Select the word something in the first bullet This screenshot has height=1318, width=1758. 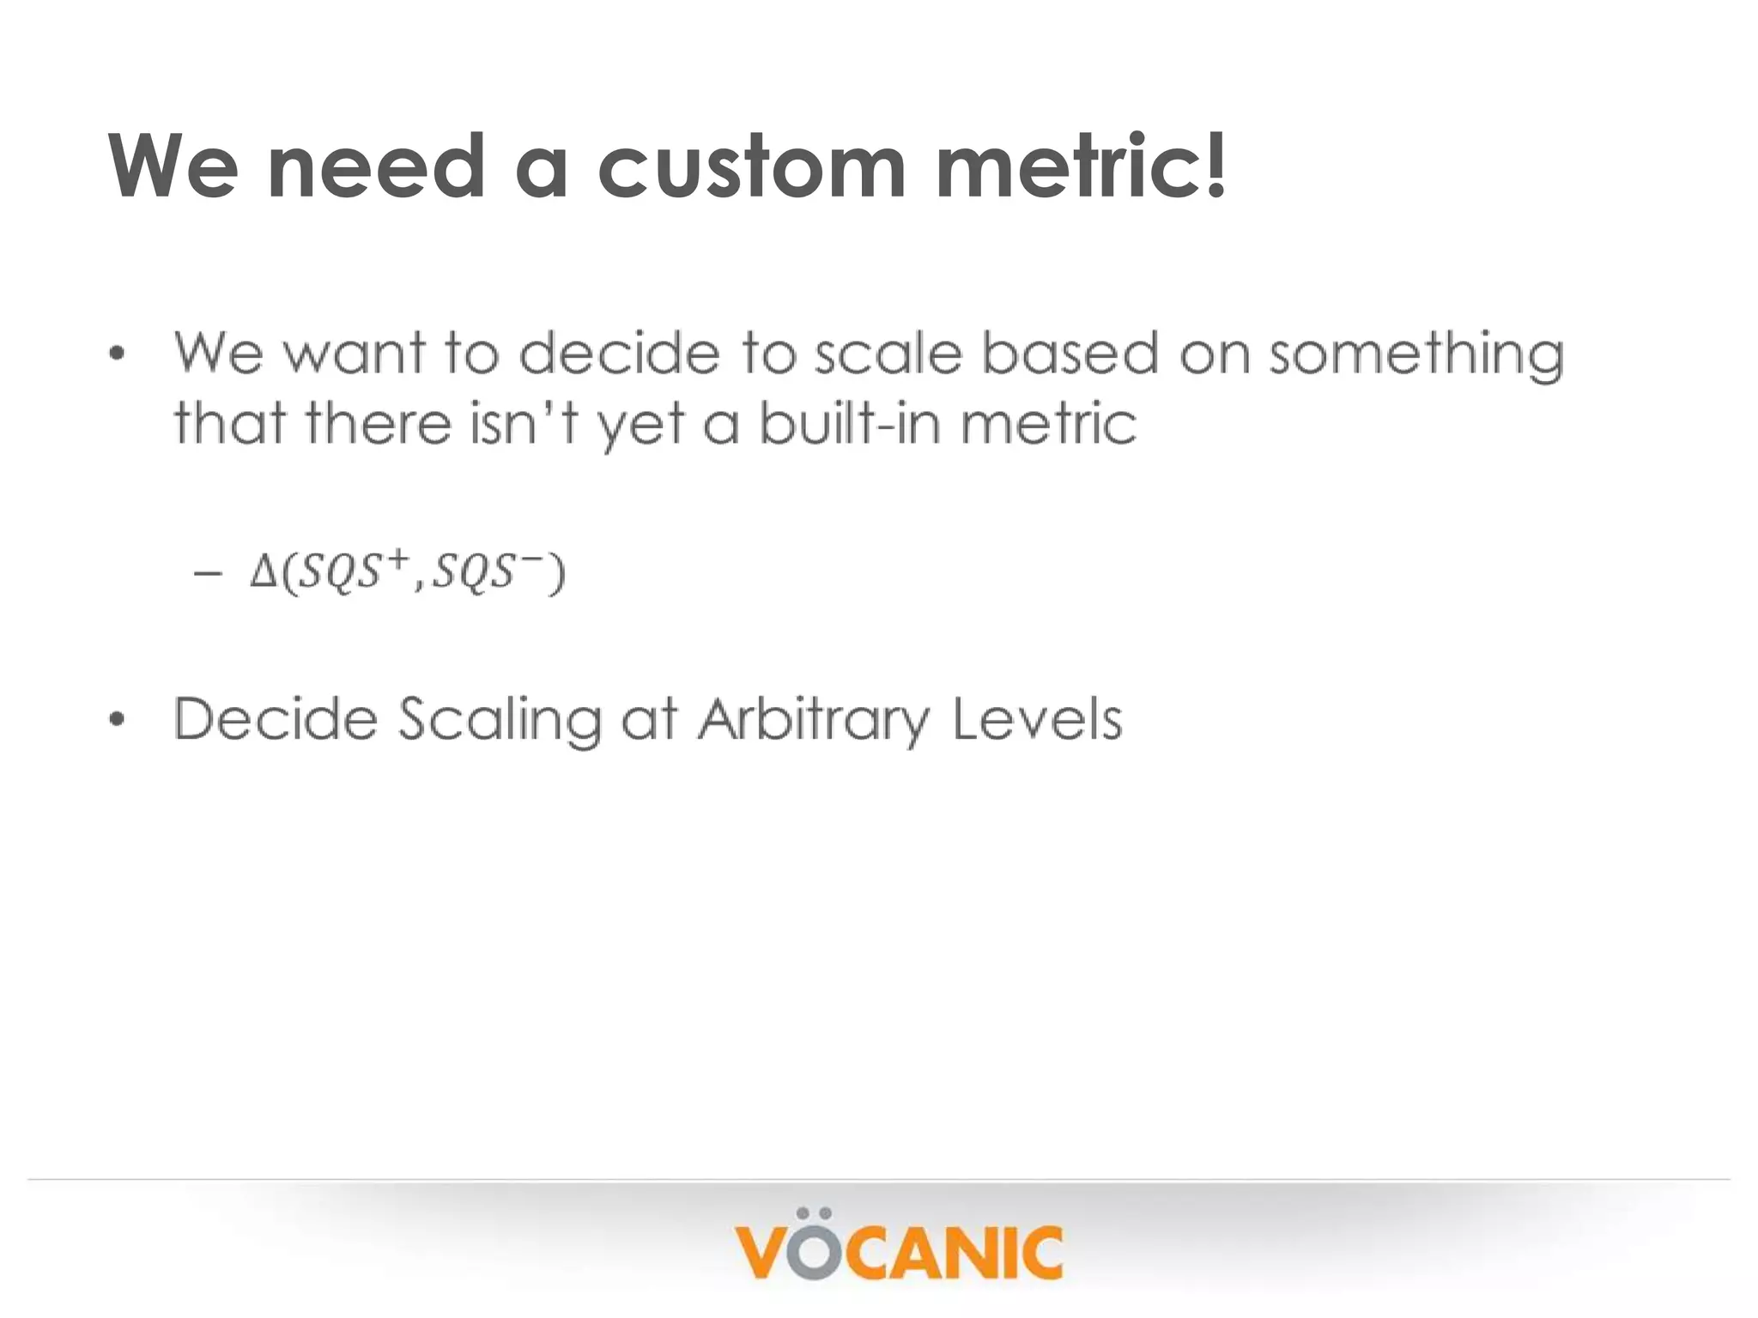(1416, 355)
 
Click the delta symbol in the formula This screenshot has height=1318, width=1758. (263, 572)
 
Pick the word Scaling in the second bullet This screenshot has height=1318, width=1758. (500, 719)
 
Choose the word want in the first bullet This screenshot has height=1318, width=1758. (354, 355)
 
